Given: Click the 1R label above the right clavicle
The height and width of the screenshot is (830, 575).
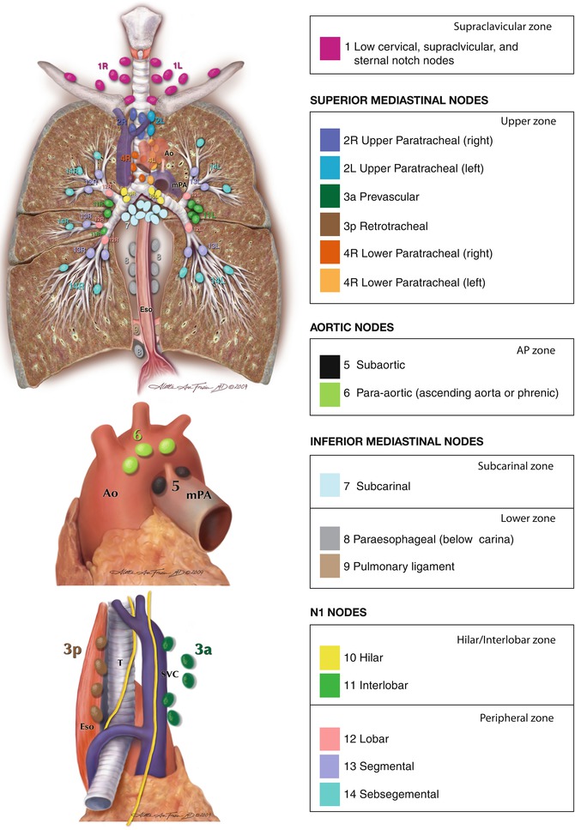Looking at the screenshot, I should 104,65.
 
